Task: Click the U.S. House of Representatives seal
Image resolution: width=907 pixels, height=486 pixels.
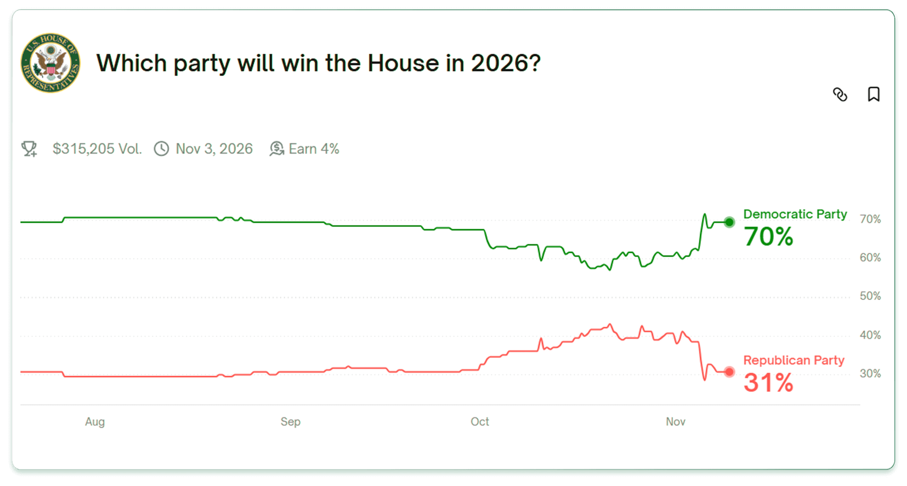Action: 50,63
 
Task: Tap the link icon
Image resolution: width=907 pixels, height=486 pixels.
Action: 840,95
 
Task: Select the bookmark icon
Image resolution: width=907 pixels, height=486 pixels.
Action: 874,94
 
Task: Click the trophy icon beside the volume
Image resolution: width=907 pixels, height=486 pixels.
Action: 29,149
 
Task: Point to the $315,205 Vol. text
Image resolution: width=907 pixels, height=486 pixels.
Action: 97,149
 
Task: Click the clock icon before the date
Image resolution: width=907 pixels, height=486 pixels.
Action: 162,149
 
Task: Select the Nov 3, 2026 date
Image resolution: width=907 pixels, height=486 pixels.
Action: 214,149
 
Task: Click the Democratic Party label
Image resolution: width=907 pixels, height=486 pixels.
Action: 795,214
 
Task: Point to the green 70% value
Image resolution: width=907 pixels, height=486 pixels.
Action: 768,237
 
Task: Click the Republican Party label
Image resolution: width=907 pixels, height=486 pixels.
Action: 794,361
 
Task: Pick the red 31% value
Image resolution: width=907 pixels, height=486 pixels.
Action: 768,383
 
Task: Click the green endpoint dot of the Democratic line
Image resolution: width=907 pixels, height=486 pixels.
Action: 730,222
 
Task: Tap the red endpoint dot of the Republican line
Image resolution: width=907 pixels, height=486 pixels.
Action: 730,372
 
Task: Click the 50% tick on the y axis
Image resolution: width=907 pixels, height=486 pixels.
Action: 870,296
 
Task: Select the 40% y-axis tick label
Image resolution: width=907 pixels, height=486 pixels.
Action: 870,335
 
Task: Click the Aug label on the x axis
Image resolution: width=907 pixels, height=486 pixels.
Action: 95,422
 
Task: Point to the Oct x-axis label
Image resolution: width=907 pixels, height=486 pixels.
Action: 480,422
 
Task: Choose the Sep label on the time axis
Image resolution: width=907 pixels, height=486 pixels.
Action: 290,422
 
